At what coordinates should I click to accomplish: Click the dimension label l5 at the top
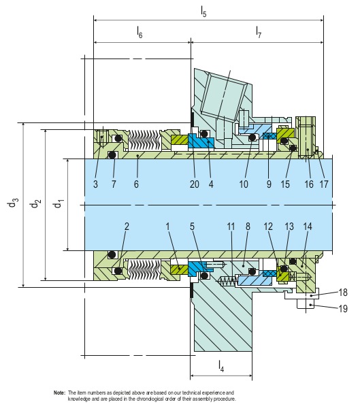(203, 10)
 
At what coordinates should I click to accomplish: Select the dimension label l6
(140, 32)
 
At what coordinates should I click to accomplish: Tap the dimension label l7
(258, 32)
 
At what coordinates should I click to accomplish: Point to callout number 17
(324, 184)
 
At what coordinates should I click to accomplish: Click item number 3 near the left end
(96, 184)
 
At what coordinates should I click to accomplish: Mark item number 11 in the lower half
(231, 226)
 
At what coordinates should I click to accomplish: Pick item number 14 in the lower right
(308, 226)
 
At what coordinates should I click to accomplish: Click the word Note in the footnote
(59, 393)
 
